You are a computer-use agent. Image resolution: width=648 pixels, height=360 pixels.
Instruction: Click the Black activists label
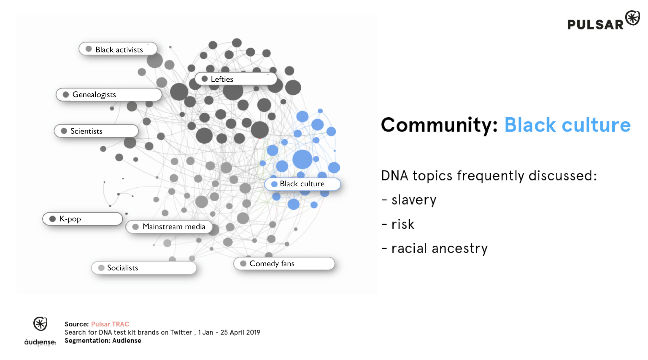coord(118,49)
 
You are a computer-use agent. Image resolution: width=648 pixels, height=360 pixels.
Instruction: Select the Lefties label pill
coord(236,79)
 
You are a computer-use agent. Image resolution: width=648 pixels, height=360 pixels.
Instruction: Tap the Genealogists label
coord(109,94)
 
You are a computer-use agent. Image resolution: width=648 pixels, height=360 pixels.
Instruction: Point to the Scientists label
coord(96,131)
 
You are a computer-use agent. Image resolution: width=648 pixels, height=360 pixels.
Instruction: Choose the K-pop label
coord(83,219)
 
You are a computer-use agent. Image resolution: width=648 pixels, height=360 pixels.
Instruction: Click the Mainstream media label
coord(169,226)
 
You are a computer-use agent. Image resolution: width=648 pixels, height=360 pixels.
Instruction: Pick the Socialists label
coord(144,268)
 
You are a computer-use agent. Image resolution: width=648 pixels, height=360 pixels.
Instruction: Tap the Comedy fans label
coord(284,263)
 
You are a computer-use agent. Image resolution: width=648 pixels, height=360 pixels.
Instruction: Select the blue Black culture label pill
coord(303,184)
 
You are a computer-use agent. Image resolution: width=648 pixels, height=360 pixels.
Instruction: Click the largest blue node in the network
coord(302,159)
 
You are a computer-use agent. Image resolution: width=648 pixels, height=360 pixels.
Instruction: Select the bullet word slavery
coord(414,200)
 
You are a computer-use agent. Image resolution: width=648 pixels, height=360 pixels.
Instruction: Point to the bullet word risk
coord(403,224)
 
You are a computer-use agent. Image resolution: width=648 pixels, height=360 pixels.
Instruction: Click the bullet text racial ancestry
coord(439,249)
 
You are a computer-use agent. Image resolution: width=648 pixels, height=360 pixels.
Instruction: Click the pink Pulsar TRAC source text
coord(110,324)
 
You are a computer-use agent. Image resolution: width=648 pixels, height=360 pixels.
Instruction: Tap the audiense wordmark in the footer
coord(40,342)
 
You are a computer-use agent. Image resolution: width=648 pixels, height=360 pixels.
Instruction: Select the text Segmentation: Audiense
coord(103,341)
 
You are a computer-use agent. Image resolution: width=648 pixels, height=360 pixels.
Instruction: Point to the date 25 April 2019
coord(240,332)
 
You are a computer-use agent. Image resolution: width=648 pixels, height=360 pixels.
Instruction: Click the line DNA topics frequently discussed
coord(489,176)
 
